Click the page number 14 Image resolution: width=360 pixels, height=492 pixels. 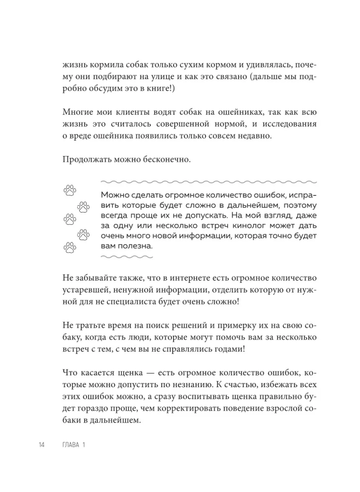tap(41, 445)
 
